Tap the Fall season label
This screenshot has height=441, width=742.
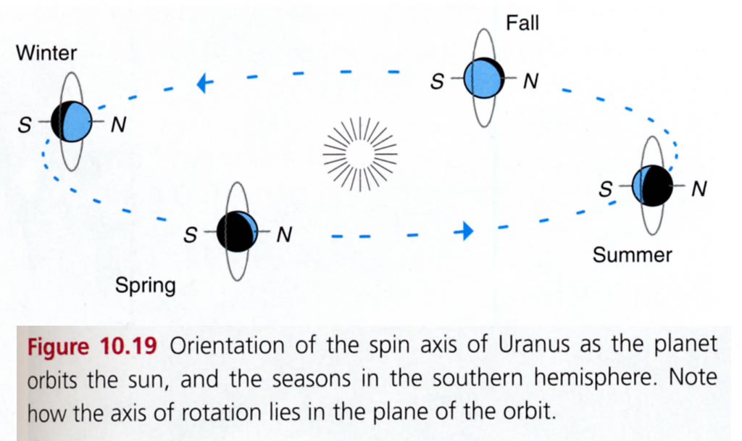pos(522,23)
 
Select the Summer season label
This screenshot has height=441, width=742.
pos(632,255)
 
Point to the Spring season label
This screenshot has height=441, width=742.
pos(145,285)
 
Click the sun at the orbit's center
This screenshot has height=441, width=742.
pos(360,152)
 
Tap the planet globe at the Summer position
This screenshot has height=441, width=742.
pos(650,186)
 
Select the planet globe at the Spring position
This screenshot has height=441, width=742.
pos(237,231)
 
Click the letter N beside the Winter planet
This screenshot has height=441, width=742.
pos(117,125)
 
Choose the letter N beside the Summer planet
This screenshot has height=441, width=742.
pos(699,189)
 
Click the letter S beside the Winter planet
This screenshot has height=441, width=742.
pos(25,125)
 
